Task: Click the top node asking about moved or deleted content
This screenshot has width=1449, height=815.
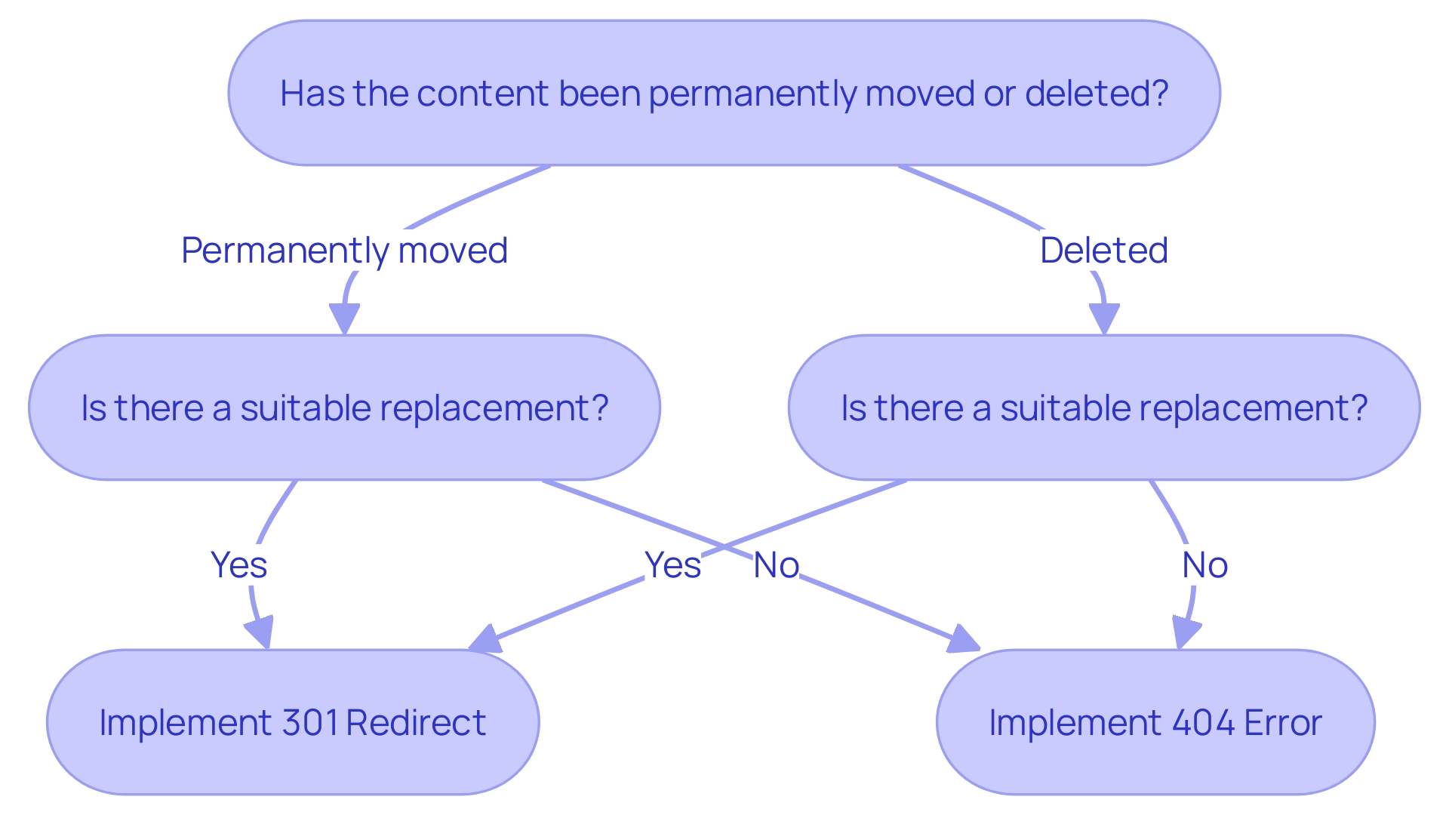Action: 724,93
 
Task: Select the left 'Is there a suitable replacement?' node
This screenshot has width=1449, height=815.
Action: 344,407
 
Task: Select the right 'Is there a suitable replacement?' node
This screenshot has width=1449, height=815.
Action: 1103,407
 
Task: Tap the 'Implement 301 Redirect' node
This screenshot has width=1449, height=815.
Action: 293,722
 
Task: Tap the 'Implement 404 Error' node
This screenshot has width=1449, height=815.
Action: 1155,722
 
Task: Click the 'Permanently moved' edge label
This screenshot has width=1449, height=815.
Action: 344,251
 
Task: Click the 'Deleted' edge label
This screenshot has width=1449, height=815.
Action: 1103,251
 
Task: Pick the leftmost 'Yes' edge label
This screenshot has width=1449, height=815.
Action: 238,565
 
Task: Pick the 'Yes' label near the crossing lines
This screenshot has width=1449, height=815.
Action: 672,565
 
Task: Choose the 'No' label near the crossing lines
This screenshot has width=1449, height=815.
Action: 776,565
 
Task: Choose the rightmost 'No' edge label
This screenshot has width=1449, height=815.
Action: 1204,565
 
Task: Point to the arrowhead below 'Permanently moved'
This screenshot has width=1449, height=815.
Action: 344,318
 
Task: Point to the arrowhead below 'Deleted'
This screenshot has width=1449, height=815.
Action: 1104,318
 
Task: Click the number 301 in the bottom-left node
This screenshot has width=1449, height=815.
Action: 310,723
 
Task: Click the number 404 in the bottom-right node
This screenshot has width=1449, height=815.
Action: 1204,723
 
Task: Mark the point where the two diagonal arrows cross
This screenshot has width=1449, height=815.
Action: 723,547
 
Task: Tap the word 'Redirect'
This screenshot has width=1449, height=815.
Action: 416,723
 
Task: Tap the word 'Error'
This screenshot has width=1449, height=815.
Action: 1283,723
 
